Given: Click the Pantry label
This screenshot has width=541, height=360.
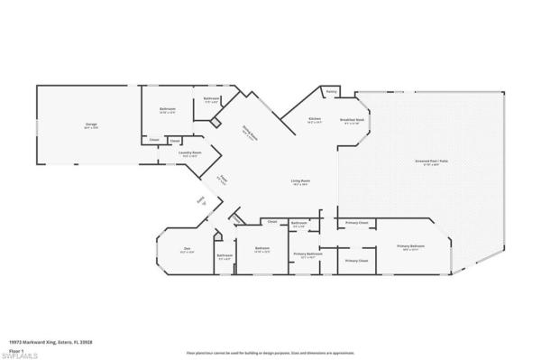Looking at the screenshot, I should coord(331,91).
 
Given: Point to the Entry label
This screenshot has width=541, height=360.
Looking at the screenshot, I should coord(203,203).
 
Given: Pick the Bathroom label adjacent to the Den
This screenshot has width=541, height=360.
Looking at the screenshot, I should coord(225,255).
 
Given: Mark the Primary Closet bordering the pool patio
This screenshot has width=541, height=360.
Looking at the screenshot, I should coord(357,221).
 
